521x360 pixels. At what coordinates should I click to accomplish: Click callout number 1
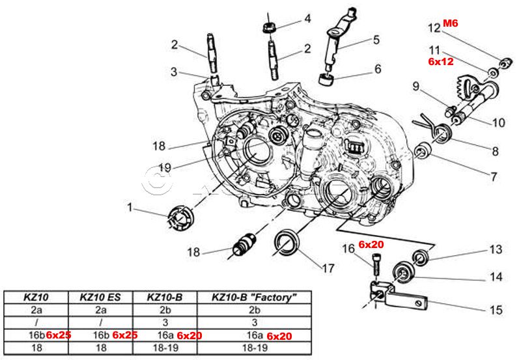tap(130, 208)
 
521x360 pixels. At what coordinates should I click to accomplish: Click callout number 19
tap(165, 168)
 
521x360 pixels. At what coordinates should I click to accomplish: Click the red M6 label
tap(451, 23)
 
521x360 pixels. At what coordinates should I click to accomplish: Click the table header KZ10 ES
tap(100, 298)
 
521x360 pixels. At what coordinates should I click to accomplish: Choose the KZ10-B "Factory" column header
tap(254, 298)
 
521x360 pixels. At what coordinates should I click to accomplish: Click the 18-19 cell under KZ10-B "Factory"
tap(254, 348)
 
